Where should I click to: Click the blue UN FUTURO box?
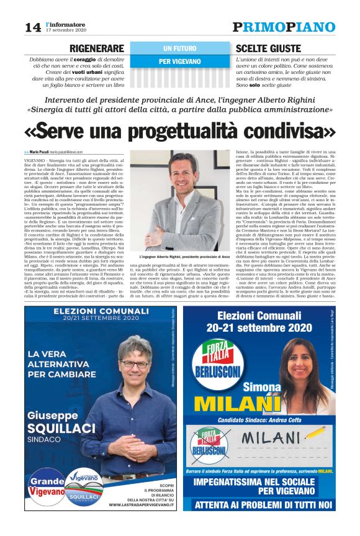point(180,48)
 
